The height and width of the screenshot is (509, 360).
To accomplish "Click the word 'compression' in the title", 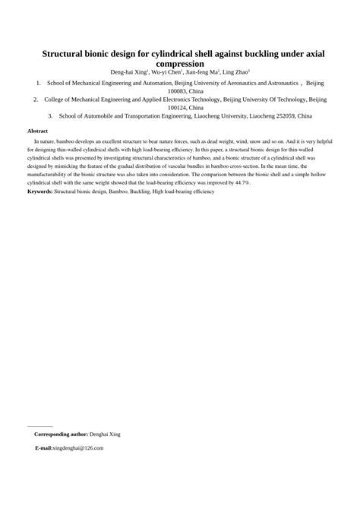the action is [x=180, y=65].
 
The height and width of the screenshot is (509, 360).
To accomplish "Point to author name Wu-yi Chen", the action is [x=166, y=73].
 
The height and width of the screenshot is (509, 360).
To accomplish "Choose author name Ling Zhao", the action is [x=238, y=73].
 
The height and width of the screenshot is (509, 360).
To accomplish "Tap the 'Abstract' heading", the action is [x=37, y=131].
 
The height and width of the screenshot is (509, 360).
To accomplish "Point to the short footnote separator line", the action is [x=39, y=426].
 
